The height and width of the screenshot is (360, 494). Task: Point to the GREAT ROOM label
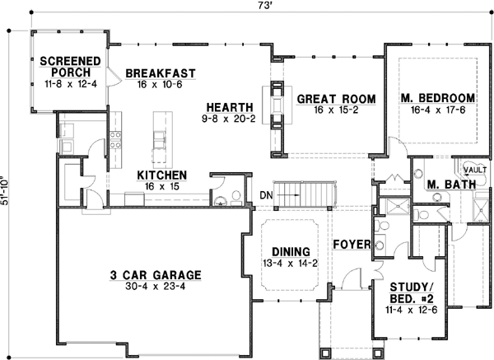tap(336, 99)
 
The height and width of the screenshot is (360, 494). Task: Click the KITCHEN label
tap(161, 175)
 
